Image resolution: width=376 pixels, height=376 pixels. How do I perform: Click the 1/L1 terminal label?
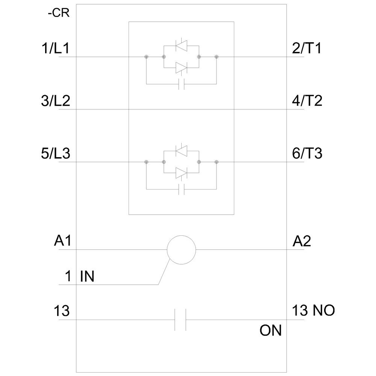click(56, 49)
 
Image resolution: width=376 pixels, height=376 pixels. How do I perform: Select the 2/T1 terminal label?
click(307, 49)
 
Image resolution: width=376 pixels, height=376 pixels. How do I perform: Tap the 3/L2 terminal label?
click(56, 102)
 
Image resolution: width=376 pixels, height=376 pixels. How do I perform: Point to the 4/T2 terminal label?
click(307, 102)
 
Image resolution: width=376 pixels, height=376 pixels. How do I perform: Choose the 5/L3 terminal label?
click(56, 154)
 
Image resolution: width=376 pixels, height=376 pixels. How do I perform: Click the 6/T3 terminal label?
click(307, 154)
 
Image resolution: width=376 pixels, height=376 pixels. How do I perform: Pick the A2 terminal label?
click(302, 241)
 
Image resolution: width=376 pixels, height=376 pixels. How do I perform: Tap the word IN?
click(87, 277)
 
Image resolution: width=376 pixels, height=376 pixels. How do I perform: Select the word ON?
click(270, 331)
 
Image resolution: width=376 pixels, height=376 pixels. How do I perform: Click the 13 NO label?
click(314, 311)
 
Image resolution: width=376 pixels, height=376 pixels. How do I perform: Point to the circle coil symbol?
click(182, 249)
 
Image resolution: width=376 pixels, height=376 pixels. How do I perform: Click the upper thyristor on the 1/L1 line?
click(182, 46)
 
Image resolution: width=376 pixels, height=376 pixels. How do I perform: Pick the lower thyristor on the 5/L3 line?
click(182, 173)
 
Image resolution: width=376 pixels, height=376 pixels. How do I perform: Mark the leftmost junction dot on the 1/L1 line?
click(146, 57)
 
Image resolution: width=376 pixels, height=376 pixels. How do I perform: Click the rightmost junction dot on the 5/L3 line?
click(217, 162)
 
